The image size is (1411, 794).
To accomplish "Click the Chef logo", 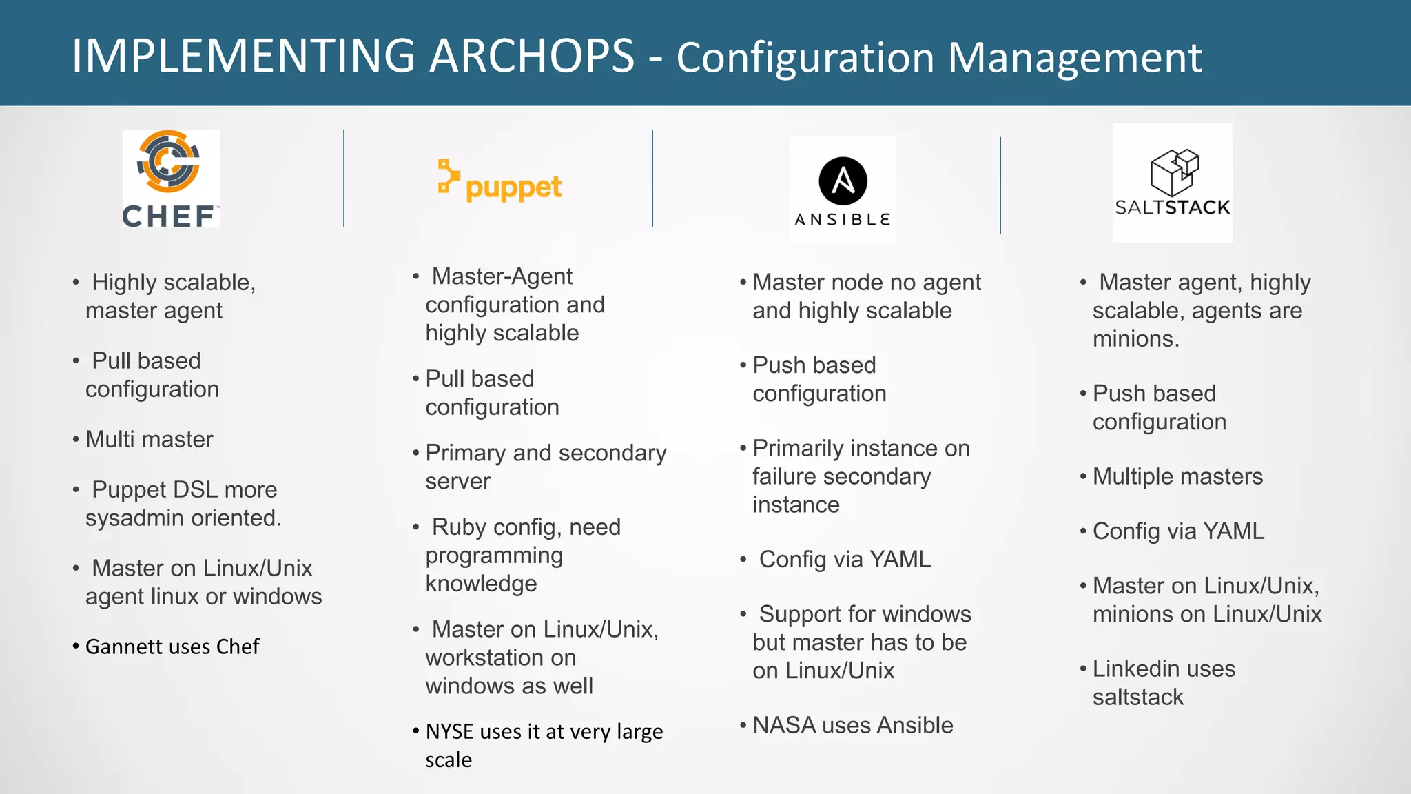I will coord(171,179).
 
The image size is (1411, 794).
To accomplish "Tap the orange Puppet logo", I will coord(500,182).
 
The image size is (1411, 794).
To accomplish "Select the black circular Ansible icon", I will coord(843,181).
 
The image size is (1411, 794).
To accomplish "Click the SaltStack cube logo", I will coord(1174,172).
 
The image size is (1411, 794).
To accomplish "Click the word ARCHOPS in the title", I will coord(531,57).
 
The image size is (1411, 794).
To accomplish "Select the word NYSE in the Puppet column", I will coord(449,731).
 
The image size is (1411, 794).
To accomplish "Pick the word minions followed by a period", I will coord(1135,339).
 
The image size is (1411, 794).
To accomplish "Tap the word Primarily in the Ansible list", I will coord(798,448).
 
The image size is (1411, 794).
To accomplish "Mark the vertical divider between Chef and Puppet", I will coord(344,179).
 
